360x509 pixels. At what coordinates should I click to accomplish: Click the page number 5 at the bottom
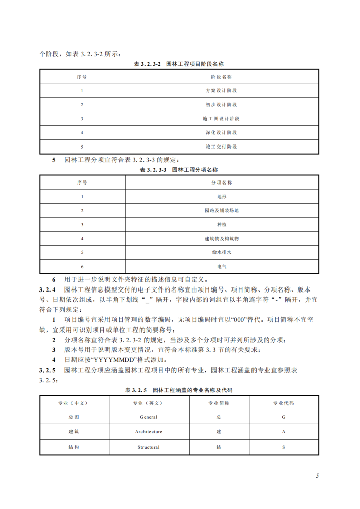[x=317, y=476]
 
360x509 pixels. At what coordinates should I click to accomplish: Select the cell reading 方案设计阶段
[x=221, y=90]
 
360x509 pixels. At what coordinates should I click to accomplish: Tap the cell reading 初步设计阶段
[x=221, y=104]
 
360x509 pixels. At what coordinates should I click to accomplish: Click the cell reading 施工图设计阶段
[x=221, y=118]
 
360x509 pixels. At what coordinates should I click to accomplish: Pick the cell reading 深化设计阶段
[x=221, y=132]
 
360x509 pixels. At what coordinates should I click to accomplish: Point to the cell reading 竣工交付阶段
[x=221, y=147]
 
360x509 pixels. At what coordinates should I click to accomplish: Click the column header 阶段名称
[x=221, y=77]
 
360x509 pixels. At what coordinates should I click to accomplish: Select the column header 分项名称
[x=221, y=182]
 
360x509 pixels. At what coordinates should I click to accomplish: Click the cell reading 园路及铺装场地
[x=221, y=210]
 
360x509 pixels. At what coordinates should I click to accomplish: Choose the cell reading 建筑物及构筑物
[x=221, y=238]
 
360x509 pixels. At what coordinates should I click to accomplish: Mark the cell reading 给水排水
[x=221, y=251]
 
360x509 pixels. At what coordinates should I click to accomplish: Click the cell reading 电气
[x=221, y=266]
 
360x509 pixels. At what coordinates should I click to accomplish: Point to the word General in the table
[x=149, y=417]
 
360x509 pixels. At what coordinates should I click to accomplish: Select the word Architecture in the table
[x=149, y=432]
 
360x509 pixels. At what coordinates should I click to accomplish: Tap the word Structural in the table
[x=149, y=447]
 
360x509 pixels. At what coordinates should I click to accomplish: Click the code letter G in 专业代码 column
[x=284, y=417]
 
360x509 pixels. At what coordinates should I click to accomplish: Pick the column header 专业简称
[x=219, y=403]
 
